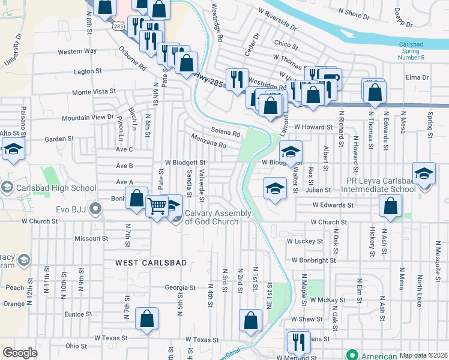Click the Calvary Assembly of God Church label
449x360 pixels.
tap(211, 217)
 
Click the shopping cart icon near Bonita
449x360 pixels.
tap(157, 206)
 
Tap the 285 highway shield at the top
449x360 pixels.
tap(117, 26)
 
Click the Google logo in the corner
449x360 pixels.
tap(20, 353)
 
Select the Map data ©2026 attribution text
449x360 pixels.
tap(423, 355)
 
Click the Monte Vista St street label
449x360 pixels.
tap(94, 92)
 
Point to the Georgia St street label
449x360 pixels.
tap(181, 287)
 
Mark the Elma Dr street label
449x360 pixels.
tap(417, 77)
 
